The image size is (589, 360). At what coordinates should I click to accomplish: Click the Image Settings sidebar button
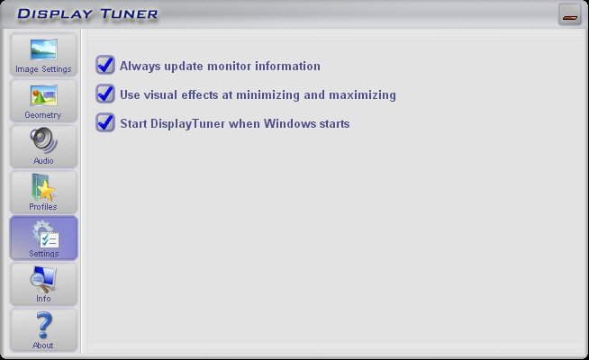[x=43, y=55]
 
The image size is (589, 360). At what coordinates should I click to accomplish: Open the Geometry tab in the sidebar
[x=43, y=101]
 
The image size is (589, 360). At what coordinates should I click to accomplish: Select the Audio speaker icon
[x=43, y=139]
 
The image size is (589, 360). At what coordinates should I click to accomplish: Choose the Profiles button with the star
[x=43, y=193]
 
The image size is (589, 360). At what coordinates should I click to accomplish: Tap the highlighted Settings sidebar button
[x=43, y=238]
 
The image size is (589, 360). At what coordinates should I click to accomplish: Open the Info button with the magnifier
[x=43, y=284]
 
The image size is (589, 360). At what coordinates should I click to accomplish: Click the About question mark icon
[x=43, y=325]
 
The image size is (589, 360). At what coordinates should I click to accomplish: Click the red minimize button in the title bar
[x=570, y=15]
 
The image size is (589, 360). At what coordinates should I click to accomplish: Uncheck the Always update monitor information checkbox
[x=105, y=65]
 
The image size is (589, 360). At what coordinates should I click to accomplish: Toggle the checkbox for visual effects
[x=105, y=94]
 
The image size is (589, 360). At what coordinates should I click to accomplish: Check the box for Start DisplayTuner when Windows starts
[x=105, y=122]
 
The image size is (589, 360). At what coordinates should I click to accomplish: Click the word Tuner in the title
[x=129, y=14]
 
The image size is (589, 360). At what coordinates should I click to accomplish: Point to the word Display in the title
[x=55, y=14]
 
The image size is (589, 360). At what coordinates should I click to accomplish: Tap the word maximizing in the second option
[x=362, y=95]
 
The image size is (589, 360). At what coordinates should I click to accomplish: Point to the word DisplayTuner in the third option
[x=187, y=124]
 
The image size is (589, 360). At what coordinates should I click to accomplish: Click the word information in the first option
[x=287, y=66]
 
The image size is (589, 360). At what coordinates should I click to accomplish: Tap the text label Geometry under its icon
[x=43, y=115]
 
